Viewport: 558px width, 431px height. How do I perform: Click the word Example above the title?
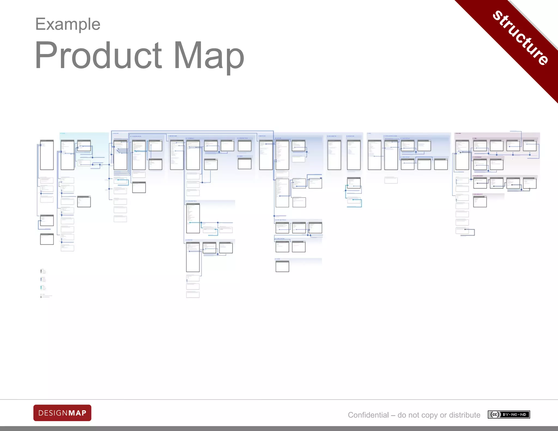(68, 24)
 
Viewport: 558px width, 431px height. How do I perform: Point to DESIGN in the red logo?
(53, 413)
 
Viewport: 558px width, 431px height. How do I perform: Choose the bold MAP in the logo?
(77, 413)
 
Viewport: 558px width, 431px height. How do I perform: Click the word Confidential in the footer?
(368, 415)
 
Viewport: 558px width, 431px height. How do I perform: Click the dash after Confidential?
(393, 415)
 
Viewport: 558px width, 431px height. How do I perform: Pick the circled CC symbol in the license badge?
(495, 415)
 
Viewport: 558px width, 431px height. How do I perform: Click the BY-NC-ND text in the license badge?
(514, 415)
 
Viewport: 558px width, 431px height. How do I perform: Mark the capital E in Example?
(40, 24)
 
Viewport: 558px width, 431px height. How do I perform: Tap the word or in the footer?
(443, 415)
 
